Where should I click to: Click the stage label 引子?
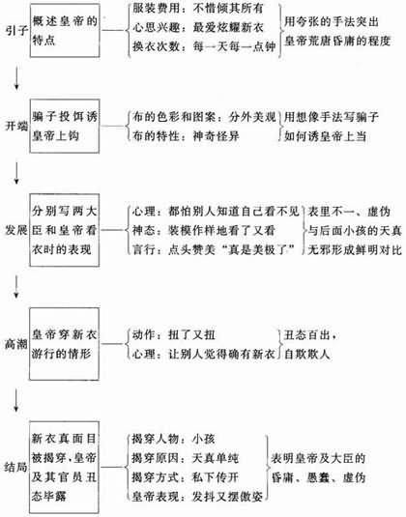(16, 31)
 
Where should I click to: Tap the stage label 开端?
(16, 126)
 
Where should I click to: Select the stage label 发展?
(15, 230)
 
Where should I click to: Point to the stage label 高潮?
(15, 344)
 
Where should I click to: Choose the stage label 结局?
(15, 467)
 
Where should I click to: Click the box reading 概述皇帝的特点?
(65, 31)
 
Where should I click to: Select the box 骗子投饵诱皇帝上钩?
(65, 126)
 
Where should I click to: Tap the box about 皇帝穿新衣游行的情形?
(64, 344)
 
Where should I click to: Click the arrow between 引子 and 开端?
(16, 78)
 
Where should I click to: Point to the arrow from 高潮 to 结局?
(15, 401)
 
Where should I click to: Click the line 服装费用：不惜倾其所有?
(197, 9)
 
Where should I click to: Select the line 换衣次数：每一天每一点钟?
(204, 46)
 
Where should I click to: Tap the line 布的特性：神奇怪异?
(186, 136)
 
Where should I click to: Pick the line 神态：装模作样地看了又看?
(204, 230)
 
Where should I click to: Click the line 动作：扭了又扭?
(173, 334)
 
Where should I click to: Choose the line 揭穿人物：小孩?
(173, 439)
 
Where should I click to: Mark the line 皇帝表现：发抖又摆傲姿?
(197, 497)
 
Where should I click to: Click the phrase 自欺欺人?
(307, 354)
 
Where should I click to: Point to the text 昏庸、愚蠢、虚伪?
(318, 477)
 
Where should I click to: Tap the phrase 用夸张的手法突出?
(331, 22)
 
